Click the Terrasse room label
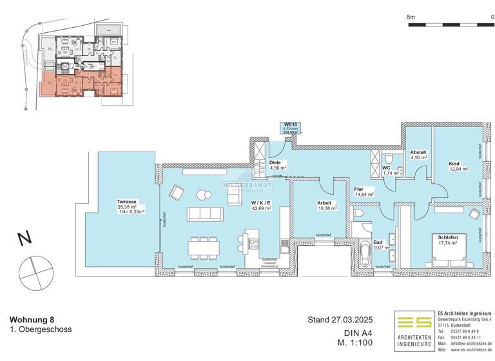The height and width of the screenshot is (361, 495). (127, 202)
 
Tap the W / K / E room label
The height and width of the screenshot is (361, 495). (260, 202)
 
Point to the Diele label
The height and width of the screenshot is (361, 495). (275, 162)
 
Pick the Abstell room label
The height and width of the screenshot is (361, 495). (418, 152)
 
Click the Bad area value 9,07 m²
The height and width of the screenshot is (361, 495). (382, 246)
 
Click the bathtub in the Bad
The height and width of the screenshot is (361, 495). (366, 254)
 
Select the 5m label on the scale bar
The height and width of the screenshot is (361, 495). (412, 17)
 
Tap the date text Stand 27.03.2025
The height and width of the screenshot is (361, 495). (340, 320)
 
